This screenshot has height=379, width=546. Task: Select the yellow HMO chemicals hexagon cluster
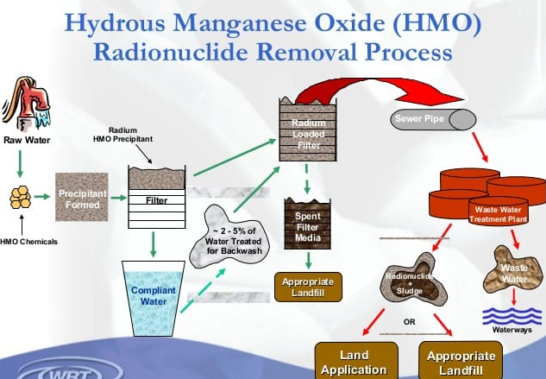coord(20,199)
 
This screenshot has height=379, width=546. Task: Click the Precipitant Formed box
coord(82,198)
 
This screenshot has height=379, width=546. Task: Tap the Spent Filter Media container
coord(308,224)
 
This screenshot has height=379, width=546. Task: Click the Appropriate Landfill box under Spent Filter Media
coord(307,287)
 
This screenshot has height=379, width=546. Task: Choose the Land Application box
coord(354,362)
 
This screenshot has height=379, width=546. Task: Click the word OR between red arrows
coord(411,323)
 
